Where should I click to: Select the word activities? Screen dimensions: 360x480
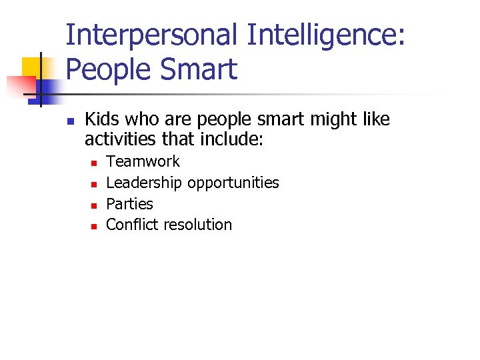click(121, 140)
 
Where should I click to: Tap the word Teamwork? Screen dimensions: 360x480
click(143, 161)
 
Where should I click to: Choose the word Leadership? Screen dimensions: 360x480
click(144, 183)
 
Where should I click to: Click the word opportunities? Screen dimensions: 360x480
click(233, 183)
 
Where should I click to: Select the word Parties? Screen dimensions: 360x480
click(129, 204)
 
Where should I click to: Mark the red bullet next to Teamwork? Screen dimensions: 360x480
click(93, 163)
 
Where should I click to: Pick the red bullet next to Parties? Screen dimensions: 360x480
click(93, 205)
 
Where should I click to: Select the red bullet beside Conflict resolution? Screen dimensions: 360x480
click(93, 226)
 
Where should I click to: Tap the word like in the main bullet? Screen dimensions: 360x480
click(374, 120)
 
